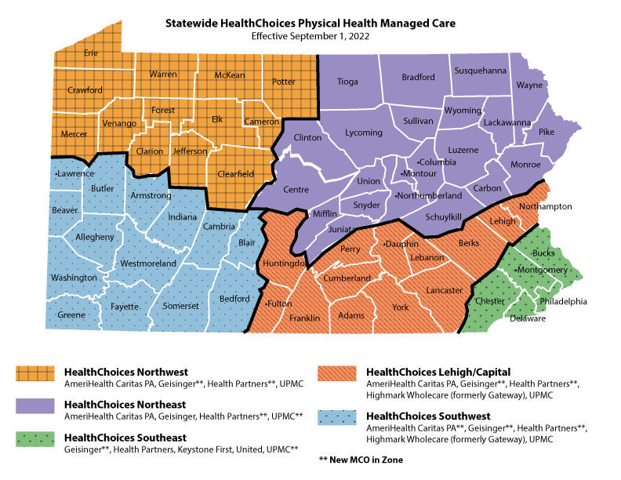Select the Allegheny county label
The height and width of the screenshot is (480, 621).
pos(74,235)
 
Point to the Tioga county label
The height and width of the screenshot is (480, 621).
pos(347,82)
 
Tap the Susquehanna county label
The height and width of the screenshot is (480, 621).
pos(481,71)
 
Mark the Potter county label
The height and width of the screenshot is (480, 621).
pos(283,82)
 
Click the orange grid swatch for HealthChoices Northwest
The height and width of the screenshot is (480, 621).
pos(35,376)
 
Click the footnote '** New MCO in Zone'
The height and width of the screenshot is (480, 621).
pos(361,460)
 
